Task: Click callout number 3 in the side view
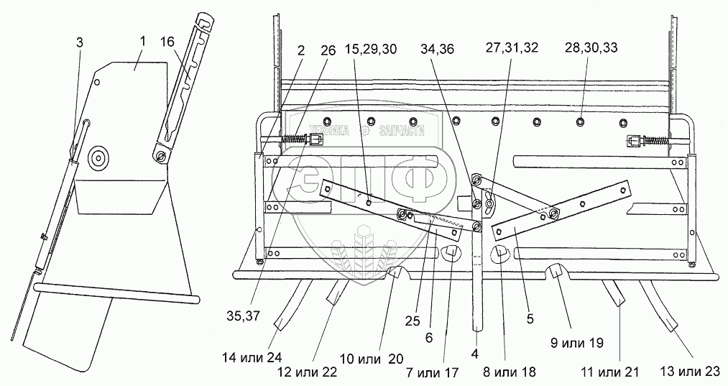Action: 79,43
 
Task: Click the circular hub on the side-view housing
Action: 97,157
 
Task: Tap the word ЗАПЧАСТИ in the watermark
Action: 400,131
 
